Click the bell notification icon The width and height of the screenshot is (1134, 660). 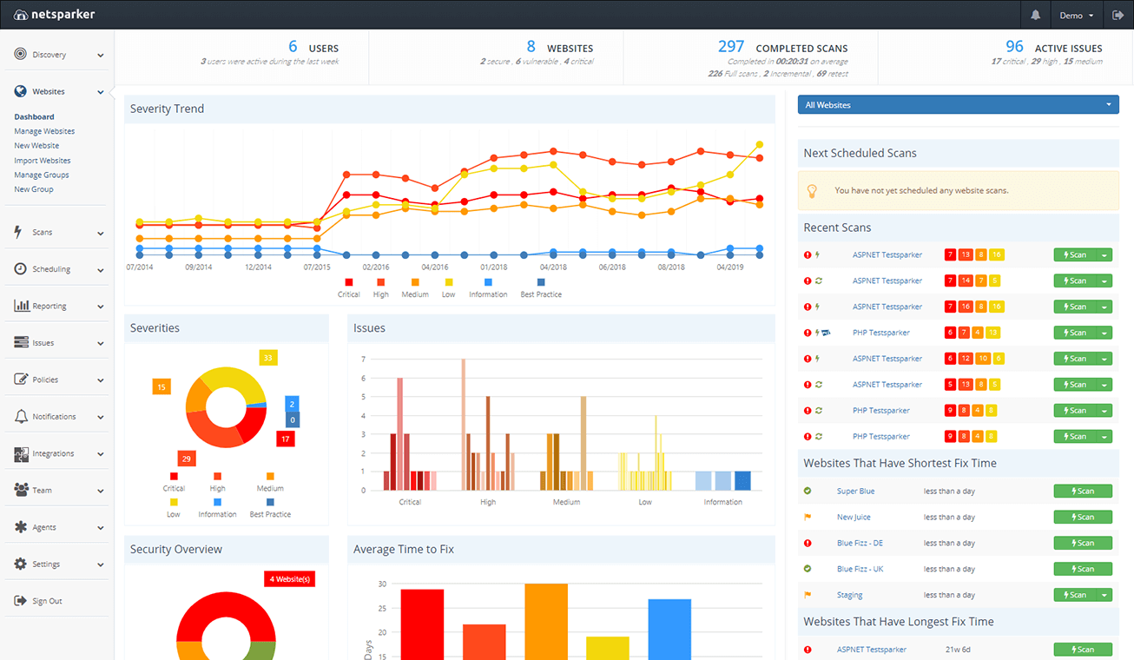1035,16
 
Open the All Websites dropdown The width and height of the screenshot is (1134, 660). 958,105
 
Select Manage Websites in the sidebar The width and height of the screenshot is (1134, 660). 44,131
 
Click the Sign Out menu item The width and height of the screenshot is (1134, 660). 47,601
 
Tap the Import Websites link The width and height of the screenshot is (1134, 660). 43,161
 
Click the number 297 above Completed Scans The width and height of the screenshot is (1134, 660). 731,47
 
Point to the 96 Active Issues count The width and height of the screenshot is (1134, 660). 1014,47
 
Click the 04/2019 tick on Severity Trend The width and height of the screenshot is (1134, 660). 729,267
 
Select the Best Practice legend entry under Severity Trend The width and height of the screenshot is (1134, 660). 540,294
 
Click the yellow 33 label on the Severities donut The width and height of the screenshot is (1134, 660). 268,358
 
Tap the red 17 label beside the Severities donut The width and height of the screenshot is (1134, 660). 285,439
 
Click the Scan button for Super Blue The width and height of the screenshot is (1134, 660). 1082,492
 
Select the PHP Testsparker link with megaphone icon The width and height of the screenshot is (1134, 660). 880,333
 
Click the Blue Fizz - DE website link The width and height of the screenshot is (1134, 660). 860,544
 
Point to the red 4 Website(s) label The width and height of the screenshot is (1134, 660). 289,579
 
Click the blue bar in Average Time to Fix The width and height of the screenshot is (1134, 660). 669,629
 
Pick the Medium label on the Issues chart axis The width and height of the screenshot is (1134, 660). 566,502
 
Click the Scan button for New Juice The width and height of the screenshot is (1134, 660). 1082,518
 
